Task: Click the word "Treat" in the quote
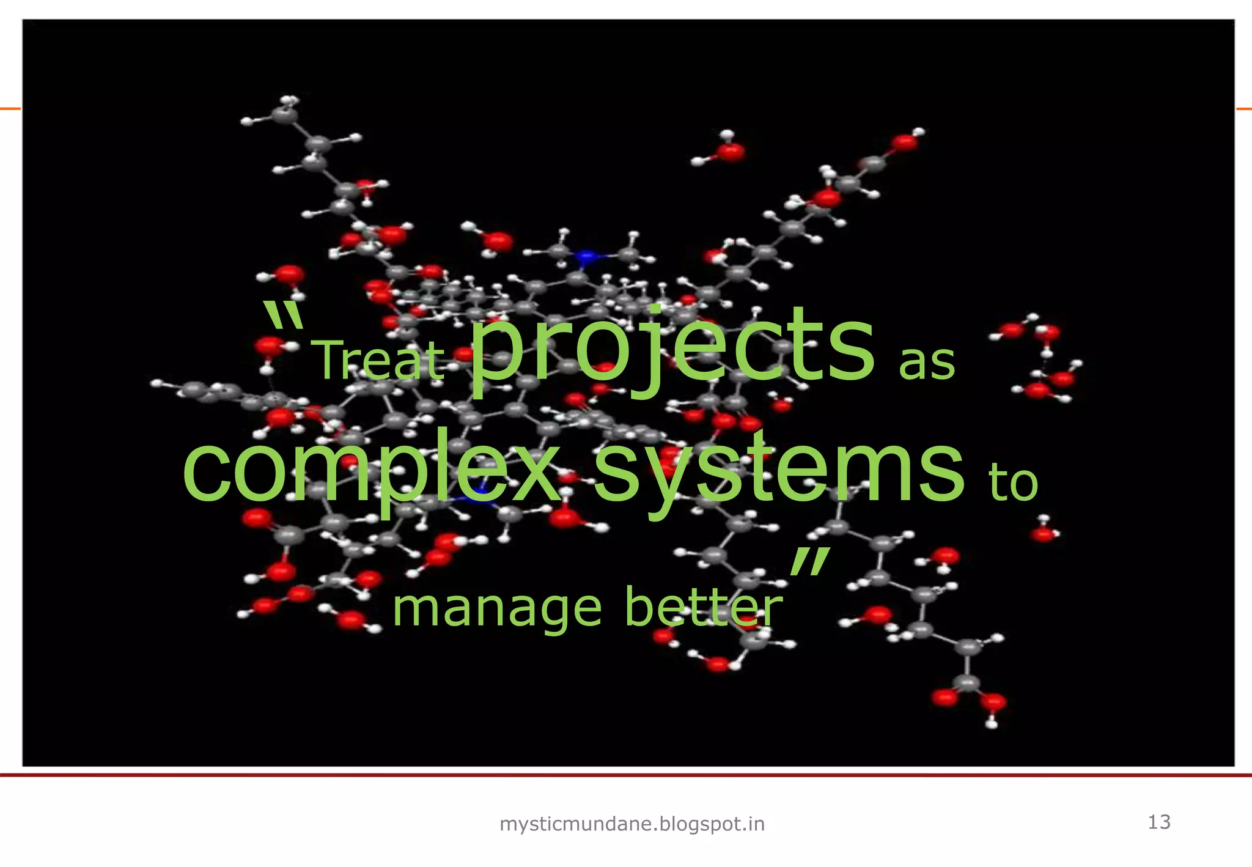coord(380,361)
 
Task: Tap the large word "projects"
coord(672,349)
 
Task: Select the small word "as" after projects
coord(926,363)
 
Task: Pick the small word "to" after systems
coord(1014,483)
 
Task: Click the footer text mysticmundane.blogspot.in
coord(632,824)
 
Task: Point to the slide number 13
coord(1159,822)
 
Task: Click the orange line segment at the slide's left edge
coord(10,109)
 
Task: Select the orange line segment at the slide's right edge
coord(1243,109)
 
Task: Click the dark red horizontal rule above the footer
coord(626,775)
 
